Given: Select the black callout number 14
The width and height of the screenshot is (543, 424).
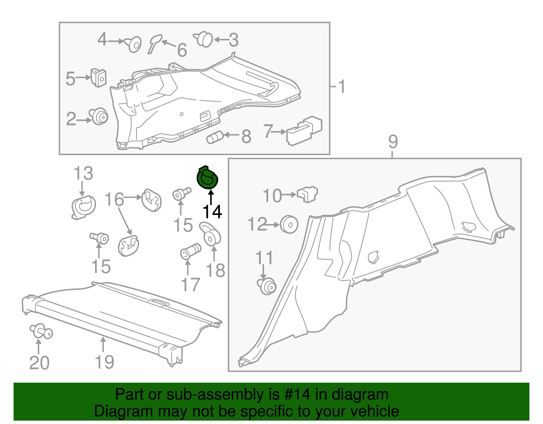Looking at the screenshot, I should coord(212,211).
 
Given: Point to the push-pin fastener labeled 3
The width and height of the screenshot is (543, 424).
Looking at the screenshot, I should coord(204,39).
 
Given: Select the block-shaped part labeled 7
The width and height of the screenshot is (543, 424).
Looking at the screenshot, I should coord(304,130).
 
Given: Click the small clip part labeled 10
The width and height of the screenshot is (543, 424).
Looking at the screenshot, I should coord(307,194).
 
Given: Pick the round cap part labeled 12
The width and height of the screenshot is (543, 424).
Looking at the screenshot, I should coord(289,224).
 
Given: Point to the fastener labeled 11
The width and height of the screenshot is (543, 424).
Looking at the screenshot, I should coord(267,286).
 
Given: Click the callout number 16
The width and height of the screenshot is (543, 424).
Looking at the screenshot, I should coord(114,199).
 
